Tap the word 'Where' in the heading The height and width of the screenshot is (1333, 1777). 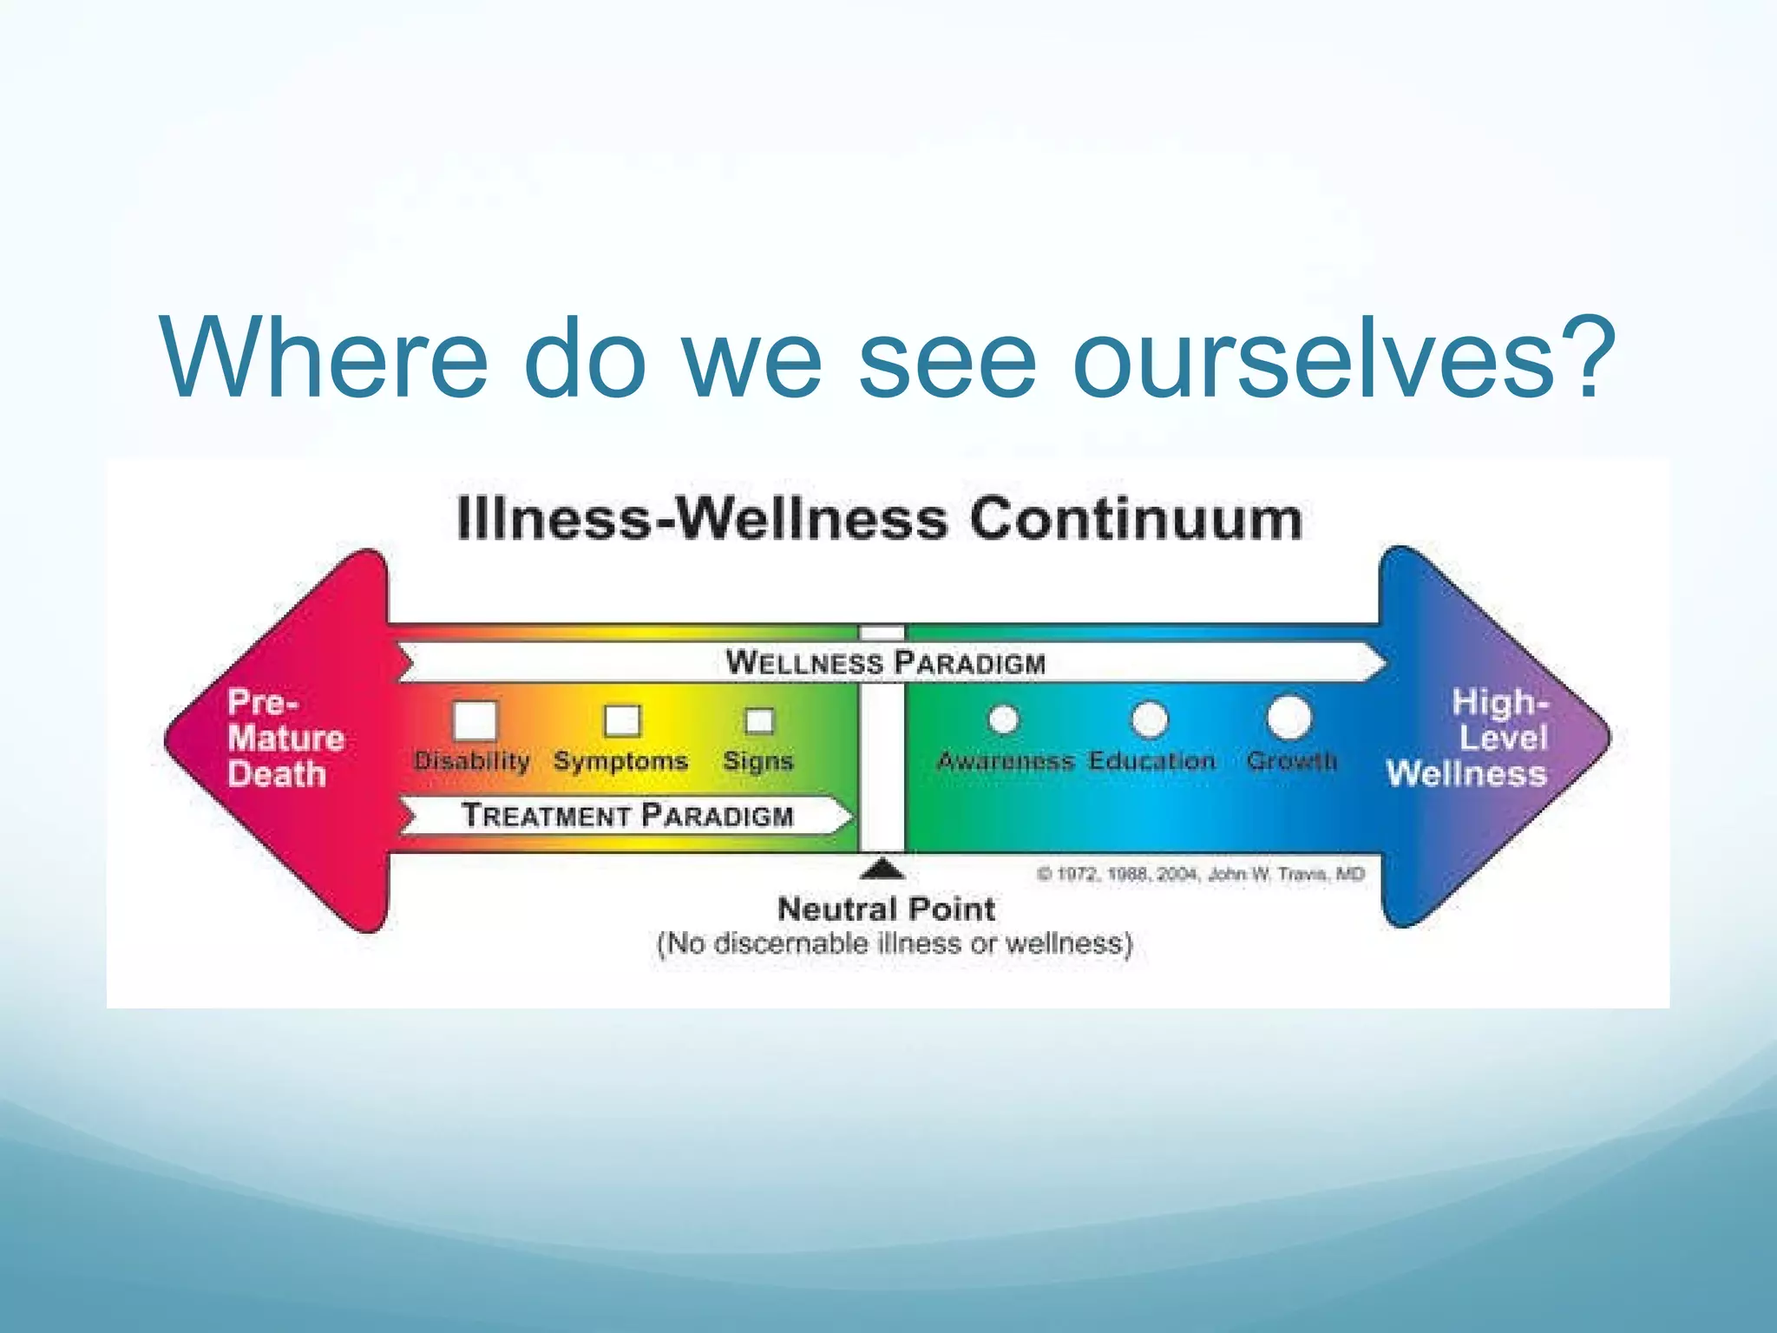[x=325, y=359]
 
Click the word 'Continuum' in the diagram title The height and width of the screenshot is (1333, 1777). [x=1136, y=520]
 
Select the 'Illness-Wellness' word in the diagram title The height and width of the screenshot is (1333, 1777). [x=702, y=520]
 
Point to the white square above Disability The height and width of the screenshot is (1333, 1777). [x=475, y=719]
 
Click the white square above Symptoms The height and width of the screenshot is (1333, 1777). [x=622, y=720]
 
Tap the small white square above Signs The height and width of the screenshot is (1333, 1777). [x=759, y=720]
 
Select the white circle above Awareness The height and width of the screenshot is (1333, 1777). [x=1004, y=719]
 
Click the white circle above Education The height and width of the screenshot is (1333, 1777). [x=1150, y=719]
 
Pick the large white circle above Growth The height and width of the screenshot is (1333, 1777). [x=1289, y=717]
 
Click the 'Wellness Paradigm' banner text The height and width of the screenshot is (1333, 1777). [x=886, y=663]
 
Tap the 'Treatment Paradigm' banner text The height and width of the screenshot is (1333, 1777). [x=627, y=816]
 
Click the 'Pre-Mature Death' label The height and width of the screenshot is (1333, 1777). [x=284, y=739]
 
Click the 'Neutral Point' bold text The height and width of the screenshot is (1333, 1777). [x=886, y=909]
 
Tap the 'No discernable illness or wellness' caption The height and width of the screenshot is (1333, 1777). [x=895, y=943]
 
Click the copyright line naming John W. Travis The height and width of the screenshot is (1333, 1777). [x=1201, y=874]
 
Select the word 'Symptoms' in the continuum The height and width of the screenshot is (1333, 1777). [x=620, y=761]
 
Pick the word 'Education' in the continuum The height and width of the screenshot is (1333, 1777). [x=1151, y=761]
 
